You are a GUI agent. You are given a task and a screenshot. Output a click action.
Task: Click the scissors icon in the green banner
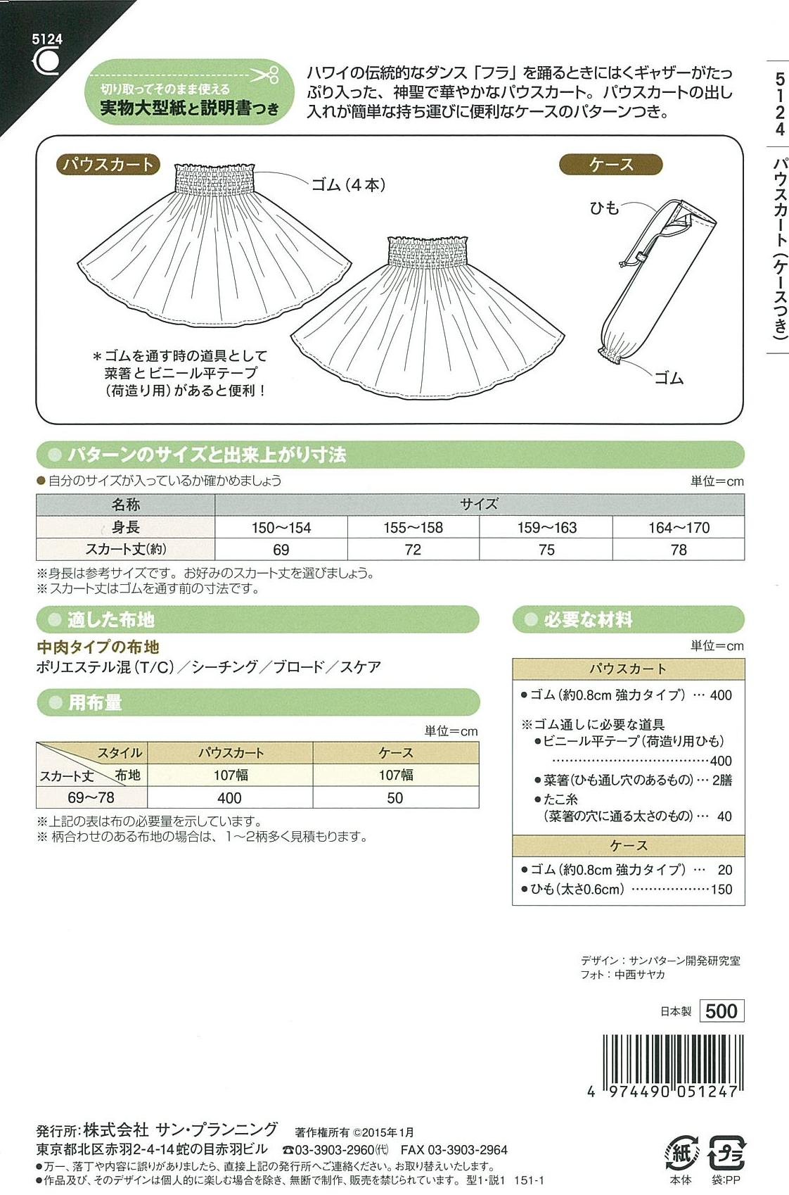(x=264, y=75)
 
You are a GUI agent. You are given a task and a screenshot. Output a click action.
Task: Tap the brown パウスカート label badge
(x=108, y=165)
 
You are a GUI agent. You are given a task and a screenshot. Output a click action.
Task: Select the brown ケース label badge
(x=611, y=165)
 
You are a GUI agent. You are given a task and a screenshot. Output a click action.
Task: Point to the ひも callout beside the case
(x=604, y=208)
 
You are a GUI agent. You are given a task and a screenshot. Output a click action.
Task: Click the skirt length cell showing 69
(x=281, y=550)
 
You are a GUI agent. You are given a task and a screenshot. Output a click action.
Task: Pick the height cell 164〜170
(x=679, y=528)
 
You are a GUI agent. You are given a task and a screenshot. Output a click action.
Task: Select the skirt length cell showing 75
(x=546, y=550)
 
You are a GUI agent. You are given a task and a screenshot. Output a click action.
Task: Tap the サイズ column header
(x=479, y=505)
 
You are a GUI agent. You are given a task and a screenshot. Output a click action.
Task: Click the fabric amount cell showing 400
(x=229, y=798)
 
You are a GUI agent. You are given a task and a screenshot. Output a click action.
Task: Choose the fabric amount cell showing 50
(x=395, y=798)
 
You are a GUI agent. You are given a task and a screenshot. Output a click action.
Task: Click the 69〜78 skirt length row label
(x=91, y=798)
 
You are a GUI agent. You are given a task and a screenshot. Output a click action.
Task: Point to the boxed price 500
(x=721, y=1011)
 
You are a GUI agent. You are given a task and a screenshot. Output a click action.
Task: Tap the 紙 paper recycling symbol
(x=680, y=1153)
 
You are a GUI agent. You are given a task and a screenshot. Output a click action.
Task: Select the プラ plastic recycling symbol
(x=726, y=1153)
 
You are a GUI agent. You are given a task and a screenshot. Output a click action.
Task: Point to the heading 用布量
(x=95, y=702)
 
